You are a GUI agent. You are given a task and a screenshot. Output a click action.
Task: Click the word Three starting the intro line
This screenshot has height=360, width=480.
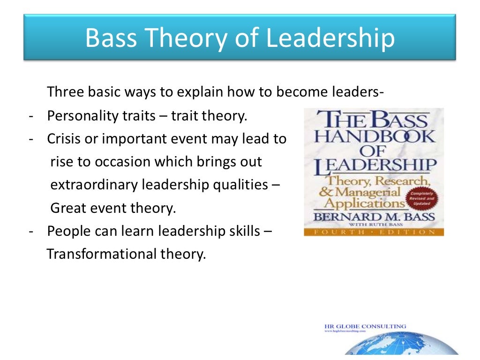tap(66, 92)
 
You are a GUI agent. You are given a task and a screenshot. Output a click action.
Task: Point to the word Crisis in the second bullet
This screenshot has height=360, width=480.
tap(61, 139)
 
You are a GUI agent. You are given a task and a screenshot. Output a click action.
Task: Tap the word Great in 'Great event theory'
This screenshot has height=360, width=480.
tap(65, 208)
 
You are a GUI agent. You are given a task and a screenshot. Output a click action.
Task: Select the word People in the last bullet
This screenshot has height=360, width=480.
tap(66, 231)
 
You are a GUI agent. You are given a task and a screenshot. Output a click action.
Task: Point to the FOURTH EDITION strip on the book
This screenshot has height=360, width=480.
tap(374, 232)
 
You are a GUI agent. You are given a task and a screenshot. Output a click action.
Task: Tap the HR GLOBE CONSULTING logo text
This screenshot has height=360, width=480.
tap(365, 326)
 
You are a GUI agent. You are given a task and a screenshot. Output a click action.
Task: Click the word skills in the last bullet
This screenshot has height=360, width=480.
tap(244, 231)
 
